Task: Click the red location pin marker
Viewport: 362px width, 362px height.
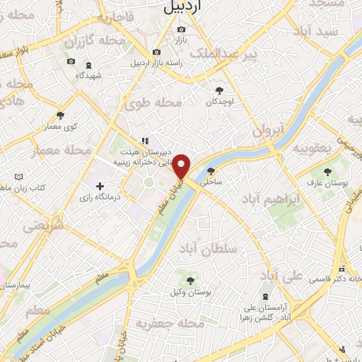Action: coord(182,167)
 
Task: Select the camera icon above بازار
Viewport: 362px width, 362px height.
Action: coord(182,30)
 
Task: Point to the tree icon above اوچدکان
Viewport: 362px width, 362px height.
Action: coord(220,90)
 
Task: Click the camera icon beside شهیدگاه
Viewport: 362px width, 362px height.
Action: coord(71,62)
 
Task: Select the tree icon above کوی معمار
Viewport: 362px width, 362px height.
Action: coord(60,116)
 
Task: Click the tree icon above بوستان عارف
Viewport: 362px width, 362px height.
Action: coord(327,171)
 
